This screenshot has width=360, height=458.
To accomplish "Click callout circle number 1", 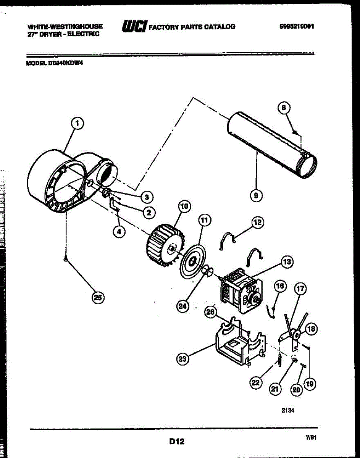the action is tap(77, 123).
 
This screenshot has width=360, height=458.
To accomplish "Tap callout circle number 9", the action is tap(256, 196).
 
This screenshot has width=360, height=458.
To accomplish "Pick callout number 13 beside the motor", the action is tap(287, 262).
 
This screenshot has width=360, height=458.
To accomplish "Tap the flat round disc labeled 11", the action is tap(192, 261).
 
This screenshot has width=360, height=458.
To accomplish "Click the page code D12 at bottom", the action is tap(177, 442).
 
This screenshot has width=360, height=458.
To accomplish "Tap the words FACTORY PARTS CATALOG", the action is tap(192, 27).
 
